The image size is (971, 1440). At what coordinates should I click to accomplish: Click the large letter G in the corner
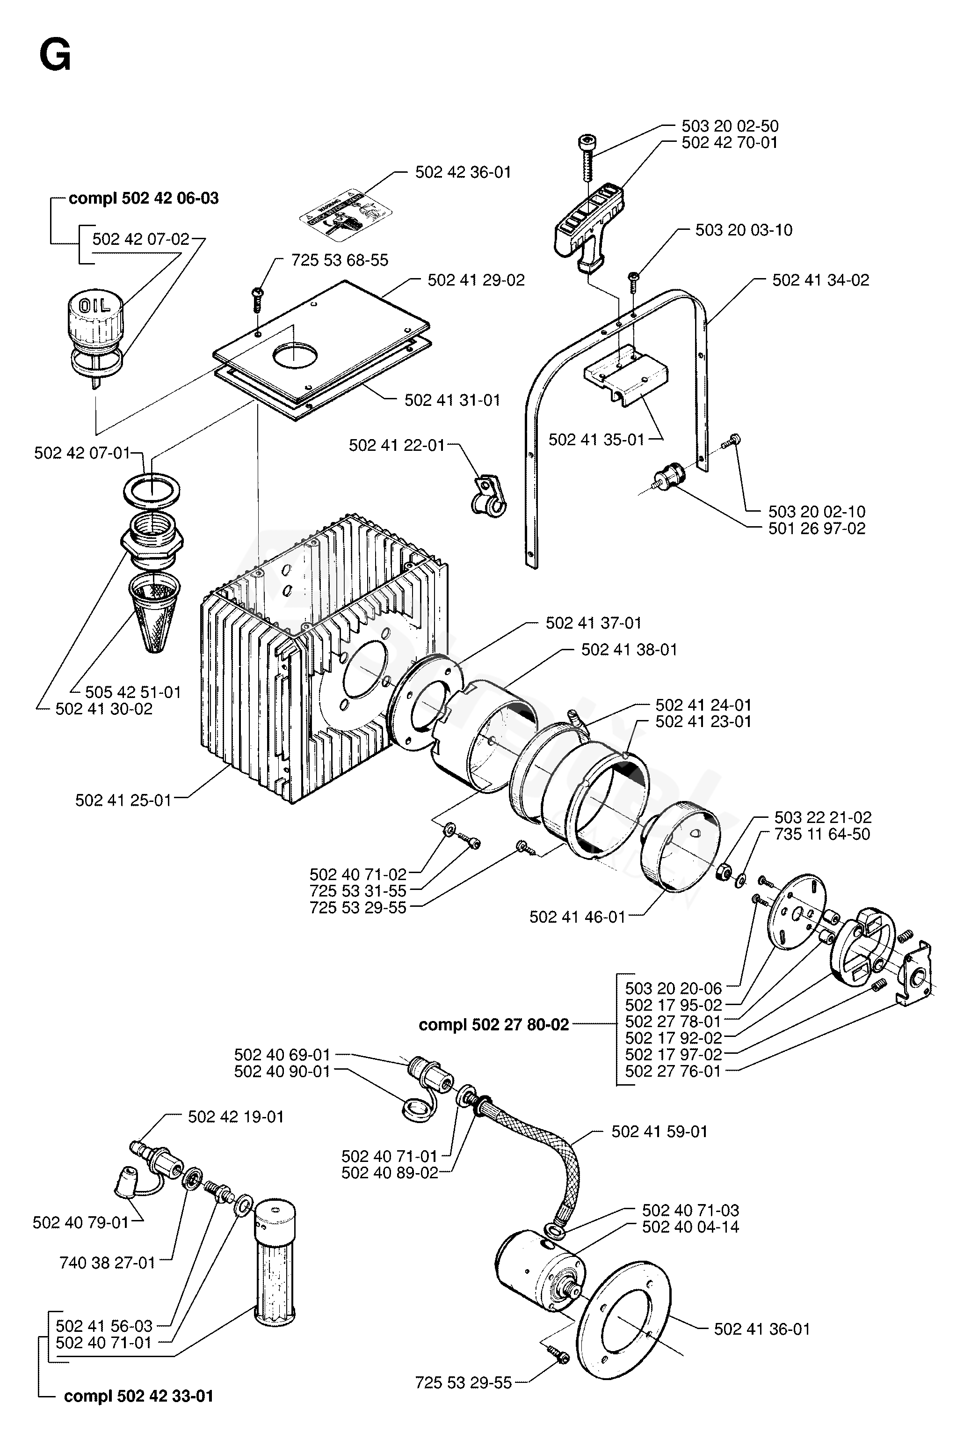(x=55, y=57)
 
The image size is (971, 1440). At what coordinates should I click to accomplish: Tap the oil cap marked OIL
(x=95, y=316)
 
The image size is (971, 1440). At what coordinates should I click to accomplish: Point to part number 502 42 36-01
(x=463, y=172)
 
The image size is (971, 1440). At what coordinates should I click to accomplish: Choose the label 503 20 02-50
(x=730, y=126)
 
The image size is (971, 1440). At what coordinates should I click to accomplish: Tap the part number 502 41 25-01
(x=123, y=801)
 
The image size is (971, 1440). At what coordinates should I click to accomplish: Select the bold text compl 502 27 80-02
(x=493, y=1025)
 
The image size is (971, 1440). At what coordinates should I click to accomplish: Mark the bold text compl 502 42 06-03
(x=144, y=198)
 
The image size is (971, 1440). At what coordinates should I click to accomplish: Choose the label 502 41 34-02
(x=820, y=280)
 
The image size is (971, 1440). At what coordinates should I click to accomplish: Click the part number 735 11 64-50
(x=822, y=834)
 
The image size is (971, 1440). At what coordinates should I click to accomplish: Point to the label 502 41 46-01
(x=578, y=917)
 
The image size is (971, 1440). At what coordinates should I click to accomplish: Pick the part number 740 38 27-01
(x=108, y=1263)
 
